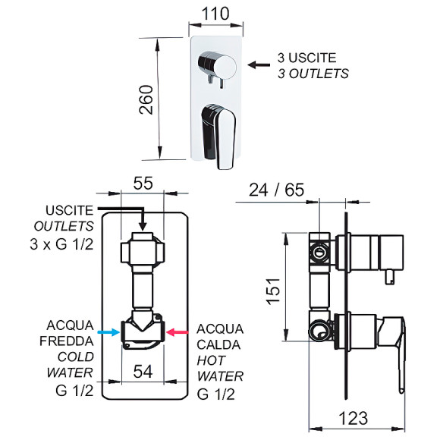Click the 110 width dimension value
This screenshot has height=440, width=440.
point(216,13)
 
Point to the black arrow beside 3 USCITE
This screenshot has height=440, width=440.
point(262,66)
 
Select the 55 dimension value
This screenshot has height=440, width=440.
point(143,183)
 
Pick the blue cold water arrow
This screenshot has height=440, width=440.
point(108,332)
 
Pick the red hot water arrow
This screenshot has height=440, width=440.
point(180,332)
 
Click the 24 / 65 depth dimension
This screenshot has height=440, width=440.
point(275,189)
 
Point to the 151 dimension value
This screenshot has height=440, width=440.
point(274,291)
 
